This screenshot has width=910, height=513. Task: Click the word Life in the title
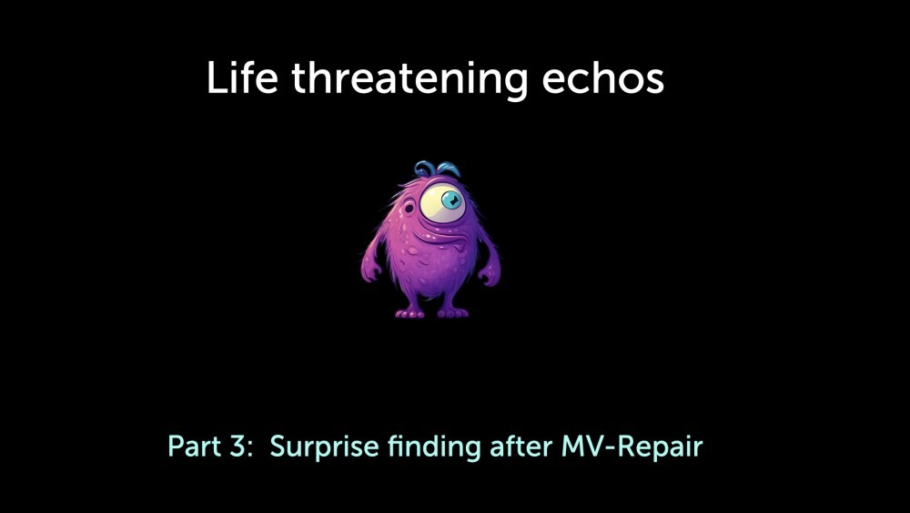coord(242,77)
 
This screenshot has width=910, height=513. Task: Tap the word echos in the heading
coord(603,78)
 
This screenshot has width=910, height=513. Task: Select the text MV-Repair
coord(632,447)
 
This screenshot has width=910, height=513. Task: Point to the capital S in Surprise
coord(278,446)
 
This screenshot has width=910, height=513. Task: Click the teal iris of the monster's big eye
coord(451,200)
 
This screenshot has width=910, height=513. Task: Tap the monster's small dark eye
coord(409,208)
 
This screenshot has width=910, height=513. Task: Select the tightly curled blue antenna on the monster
coord(425,169)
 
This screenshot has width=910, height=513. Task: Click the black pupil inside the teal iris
coord(452,200)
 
